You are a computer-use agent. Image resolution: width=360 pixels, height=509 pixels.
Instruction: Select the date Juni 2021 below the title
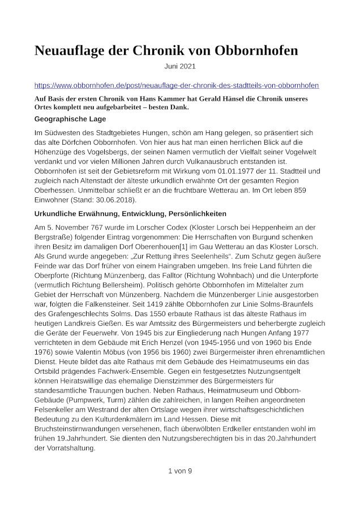point(180,66)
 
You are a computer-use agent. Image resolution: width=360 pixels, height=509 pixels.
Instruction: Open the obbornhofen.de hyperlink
point(177,85)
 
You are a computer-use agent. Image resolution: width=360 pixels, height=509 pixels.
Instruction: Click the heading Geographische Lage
point(70,119)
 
